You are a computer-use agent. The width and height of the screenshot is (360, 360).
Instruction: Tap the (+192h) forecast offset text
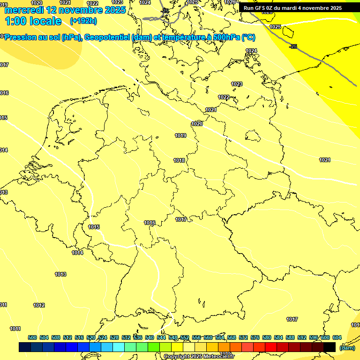(x=83, y=21)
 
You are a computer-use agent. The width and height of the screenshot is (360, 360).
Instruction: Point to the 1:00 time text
(x=16, y=21)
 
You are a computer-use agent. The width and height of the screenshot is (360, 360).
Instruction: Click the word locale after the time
(x=46, y=21)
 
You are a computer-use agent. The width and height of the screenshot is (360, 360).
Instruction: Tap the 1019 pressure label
(x=180, y=135)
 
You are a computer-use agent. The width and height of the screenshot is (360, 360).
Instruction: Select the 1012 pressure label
(x=39, y=305)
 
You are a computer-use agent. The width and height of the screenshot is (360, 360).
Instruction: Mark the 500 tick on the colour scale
(x=32, y=337)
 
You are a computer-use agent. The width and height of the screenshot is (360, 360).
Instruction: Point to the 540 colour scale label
(x=150, y=337)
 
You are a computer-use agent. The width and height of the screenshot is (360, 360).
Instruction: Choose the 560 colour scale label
(x=208, y=337)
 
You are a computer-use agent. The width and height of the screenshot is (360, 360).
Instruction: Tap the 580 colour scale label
(x=267, y=337)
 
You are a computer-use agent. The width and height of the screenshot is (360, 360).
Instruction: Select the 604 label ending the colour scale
(x=337, y=337)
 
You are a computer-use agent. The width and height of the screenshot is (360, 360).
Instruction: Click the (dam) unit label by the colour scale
(x=347, y=347)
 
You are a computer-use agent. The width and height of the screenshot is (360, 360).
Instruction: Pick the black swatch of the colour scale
(x=330, y=347)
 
